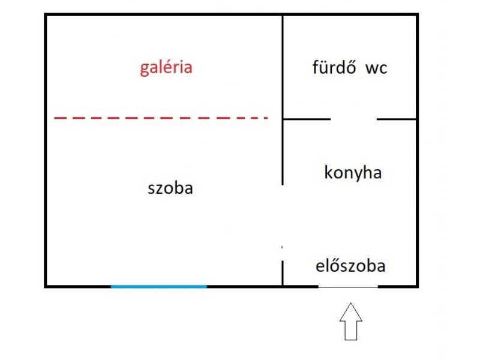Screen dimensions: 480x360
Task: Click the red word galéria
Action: tap(166, 68)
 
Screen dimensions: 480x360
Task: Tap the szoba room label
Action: tap(170, 188)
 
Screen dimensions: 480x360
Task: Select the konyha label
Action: tap(353, 172)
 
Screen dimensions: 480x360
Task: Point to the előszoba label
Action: tap(350, 265)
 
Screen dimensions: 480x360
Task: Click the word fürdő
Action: tap(334, 67)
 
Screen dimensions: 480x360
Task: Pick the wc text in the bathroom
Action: tap(376, 68)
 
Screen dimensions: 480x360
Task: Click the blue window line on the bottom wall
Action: tap(158, 287)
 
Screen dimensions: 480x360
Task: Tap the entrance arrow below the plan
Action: tap(351, 322)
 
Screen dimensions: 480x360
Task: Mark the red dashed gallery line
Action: tap(161, 118)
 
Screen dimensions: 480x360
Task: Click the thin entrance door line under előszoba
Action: tap(349, 287)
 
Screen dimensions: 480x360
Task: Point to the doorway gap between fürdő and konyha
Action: tap(353, 119)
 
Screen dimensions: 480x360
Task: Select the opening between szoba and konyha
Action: tap(282, 223)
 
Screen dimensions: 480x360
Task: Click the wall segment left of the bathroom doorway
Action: tap(307, 119)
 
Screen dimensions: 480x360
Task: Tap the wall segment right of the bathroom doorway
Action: tap(396, 119)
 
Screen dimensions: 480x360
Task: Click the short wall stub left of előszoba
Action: tap(282, 273)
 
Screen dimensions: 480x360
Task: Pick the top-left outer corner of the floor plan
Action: tap(44, 13)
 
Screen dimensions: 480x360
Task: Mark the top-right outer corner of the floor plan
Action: tap(418, 13)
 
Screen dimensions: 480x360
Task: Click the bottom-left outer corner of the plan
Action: tap(44, 287)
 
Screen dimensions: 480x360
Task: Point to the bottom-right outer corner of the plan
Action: tap(418, 287)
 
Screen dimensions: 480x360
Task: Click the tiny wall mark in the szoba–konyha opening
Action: tap(282, 247)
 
